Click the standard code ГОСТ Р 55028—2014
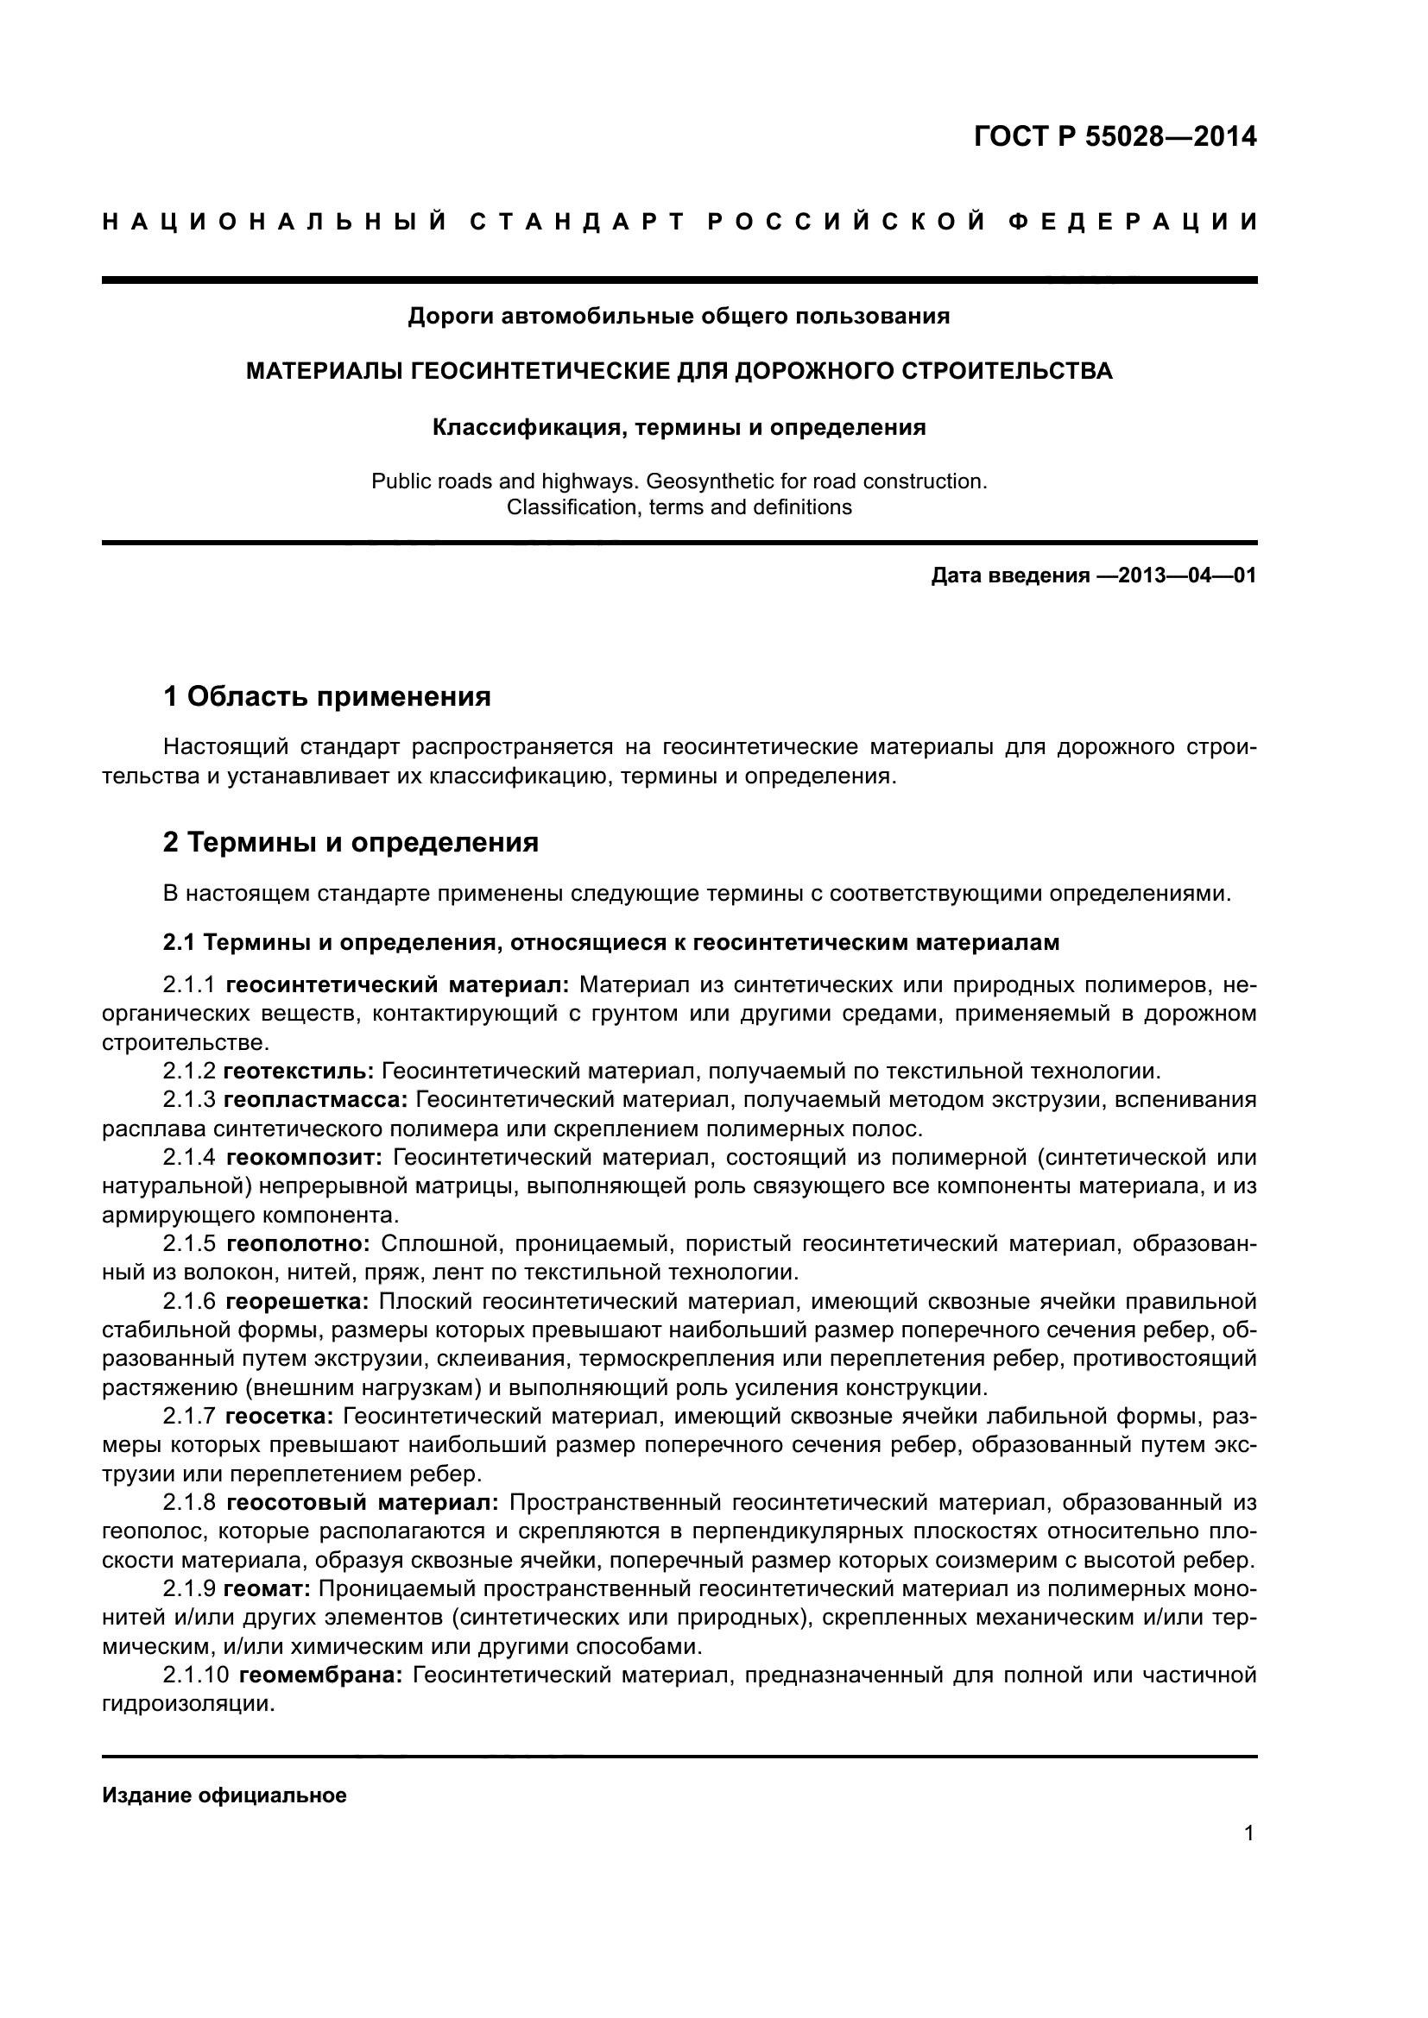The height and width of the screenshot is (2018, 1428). click(x=1115, y=137)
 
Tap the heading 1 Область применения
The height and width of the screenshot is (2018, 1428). click(x=326, y=697)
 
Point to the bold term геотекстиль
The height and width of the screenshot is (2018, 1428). click(x=299, y=1072)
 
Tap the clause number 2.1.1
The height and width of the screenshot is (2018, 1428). click(x=189, y=985)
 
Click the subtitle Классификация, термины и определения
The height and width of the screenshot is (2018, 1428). click(x=679, y=427)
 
